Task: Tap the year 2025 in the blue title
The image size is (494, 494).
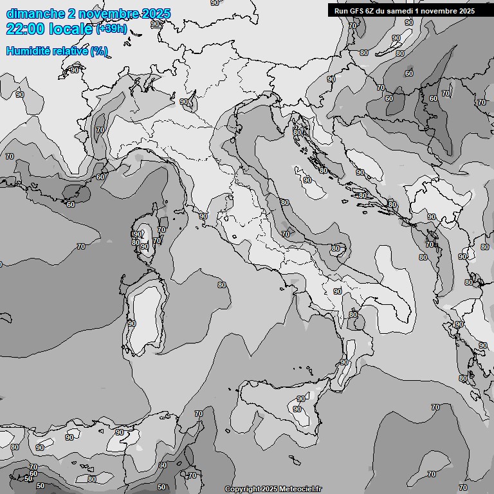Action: coord(154,14)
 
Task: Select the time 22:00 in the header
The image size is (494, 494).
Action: coord(25,29)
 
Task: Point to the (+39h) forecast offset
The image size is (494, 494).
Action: coord(111,30)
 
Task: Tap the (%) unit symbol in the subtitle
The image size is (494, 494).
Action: coord(98,50)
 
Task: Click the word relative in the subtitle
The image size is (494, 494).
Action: coord(68,50)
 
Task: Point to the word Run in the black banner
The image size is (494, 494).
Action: coord(341,11)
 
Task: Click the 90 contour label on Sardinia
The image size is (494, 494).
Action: coord(132,324)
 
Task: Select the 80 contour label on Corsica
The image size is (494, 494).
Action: coord(135,242)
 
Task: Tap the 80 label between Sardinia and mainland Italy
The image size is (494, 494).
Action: coord(222,285)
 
